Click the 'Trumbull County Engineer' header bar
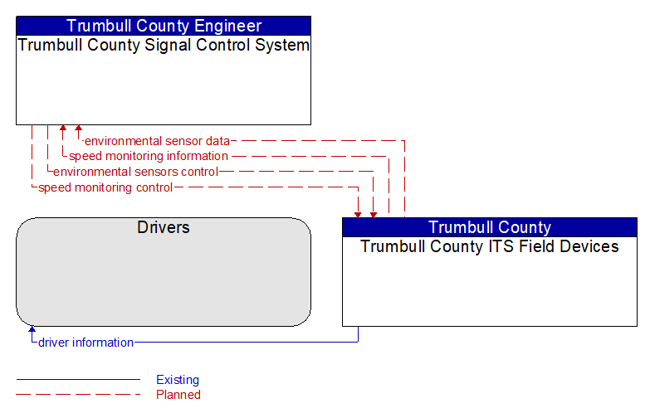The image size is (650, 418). [x=164, y=26]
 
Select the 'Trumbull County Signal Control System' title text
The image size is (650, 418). [x=164, y=45]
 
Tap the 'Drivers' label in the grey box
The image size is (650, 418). [x=164, y=227]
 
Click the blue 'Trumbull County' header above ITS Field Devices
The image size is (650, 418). [x=490, y=227]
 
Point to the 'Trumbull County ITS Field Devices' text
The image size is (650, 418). [x=490, y=246]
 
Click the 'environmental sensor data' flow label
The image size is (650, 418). [x=157, y=141]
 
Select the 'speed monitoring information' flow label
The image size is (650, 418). [x=149, y=156]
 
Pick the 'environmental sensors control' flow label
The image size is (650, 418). [x=135, y=172]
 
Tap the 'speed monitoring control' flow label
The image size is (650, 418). [x=105, y=187]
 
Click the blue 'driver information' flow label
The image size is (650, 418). [x=86, y=343]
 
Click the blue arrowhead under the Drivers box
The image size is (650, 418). [x=32, y=329]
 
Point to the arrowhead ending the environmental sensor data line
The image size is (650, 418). [x=78, y=128]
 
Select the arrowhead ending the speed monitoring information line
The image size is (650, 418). [x=62, y=128]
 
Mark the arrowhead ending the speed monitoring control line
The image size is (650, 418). [x=358, y=215]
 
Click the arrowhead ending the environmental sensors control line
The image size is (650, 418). [x=374, y=215]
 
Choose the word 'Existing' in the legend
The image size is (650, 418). [x=178, y=380]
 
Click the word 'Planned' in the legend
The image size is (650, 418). [x=178, y=395]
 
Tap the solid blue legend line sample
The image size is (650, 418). [x=78, y=379]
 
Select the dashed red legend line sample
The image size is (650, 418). [x=78, y=394]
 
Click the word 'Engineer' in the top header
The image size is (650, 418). [x=228, y=26]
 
